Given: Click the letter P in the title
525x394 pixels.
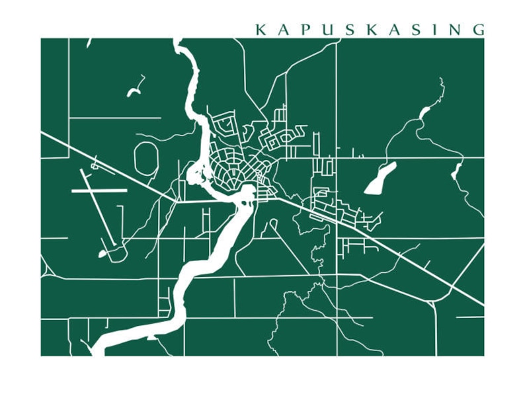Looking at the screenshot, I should [304, 30].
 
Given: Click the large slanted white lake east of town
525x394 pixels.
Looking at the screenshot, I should [380, 178].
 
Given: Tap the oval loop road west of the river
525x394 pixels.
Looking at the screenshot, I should [146, 159].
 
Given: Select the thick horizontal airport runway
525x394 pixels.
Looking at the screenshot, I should [99, 190].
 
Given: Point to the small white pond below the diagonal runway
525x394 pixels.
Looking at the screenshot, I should [102, 253].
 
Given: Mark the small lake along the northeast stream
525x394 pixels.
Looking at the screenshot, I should [424, 113].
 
